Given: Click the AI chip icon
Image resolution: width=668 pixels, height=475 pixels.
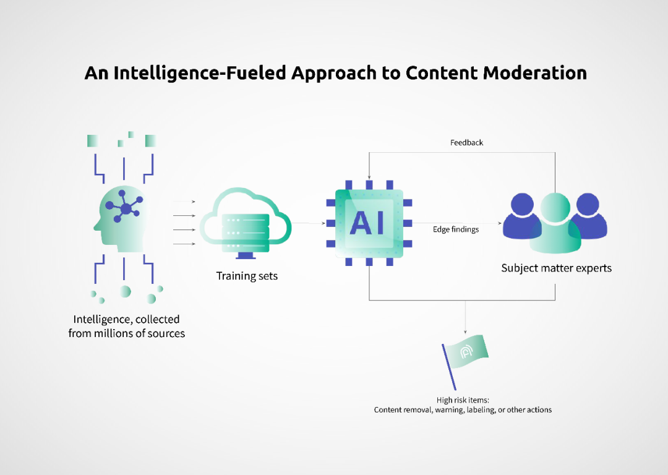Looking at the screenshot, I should [369, 223].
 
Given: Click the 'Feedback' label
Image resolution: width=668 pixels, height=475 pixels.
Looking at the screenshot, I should [466, 143].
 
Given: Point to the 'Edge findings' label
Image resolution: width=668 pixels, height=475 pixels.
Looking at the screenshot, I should [456, 229].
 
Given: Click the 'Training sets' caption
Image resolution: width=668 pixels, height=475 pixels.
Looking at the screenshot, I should [247, 276].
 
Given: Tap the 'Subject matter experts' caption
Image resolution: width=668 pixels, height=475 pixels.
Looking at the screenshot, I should [556, 268].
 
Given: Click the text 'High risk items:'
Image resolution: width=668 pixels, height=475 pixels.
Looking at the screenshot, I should [463, 400].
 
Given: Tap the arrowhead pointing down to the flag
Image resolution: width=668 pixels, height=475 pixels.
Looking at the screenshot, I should [465, 332].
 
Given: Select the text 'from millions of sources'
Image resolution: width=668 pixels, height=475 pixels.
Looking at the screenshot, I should [127, 334].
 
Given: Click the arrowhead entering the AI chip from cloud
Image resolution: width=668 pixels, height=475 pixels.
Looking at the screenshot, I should [323, 223].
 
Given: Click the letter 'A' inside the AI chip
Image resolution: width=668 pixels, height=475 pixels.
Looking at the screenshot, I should [361, 223].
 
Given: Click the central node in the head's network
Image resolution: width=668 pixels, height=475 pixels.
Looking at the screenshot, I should [126, 209].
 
